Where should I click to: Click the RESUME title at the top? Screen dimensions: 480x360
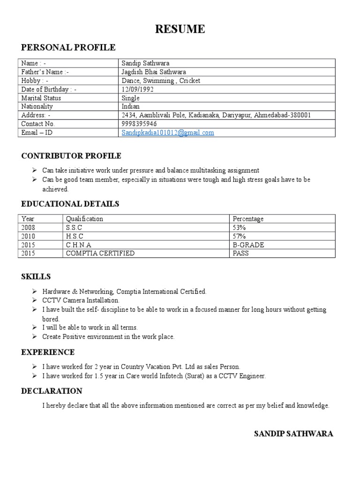click(x=180, y=29)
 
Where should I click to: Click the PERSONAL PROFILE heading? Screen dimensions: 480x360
click(x=68, y=47)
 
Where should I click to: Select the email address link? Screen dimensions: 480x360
click(x=168, y=133)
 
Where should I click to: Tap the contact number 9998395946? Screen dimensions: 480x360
click(x=139, y=124)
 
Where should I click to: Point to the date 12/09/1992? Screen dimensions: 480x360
click(x=137, y=89)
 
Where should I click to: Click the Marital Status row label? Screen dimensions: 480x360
click(x=41, y=98)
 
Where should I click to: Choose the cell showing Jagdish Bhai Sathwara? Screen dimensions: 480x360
click(x=154, y=72)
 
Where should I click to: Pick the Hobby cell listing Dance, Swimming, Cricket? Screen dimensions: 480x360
click(x=161, y=81)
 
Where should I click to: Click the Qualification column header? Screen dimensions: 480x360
click(x=84, y=219)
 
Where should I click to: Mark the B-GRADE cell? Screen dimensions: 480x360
click(x=248, y=245)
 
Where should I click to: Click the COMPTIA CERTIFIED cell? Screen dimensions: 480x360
click(x=100, y=253)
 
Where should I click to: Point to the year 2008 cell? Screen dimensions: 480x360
click(x=28, y=227)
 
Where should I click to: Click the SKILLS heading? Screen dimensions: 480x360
click(x=36, y=277)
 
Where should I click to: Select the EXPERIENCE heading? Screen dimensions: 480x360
click(x=48, y=352)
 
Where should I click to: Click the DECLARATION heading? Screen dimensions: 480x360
click(x=52, y=391)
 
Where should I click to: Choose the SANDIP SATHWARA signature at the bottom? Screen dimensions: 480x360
click(x=293, y=434)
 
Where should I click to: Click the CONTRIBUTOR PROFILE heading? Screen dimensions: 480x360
click(x=71, y=156)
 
